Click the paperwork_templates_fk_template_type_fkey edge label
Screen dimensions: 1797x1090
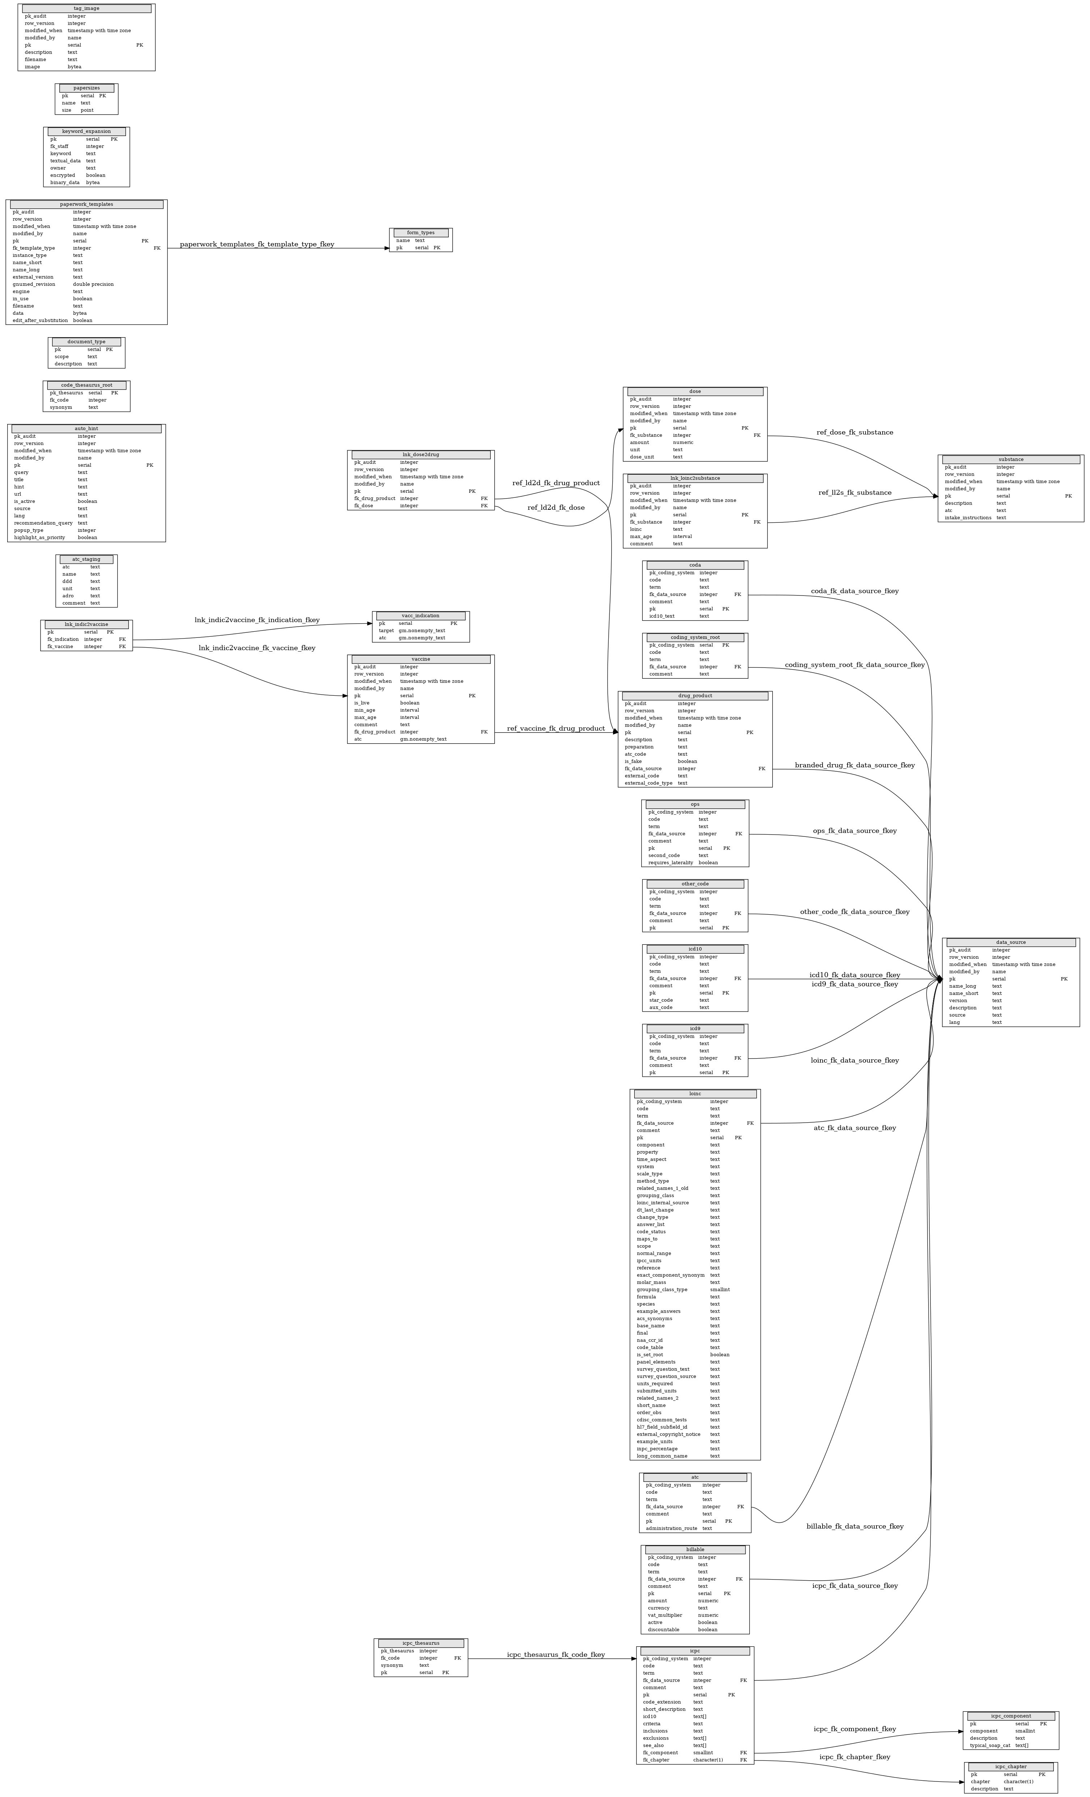tap(257, 244)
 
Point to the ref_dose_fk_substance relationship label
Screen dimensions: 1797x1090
tap(854, 432)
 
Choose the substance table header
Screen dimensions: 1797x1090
tap(1010, 459)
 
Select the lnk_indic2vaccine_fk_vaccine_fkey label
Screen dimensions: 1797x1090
tap(257, 648)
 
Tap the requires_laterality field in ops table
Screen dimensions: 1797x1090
tap(671, 863)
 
